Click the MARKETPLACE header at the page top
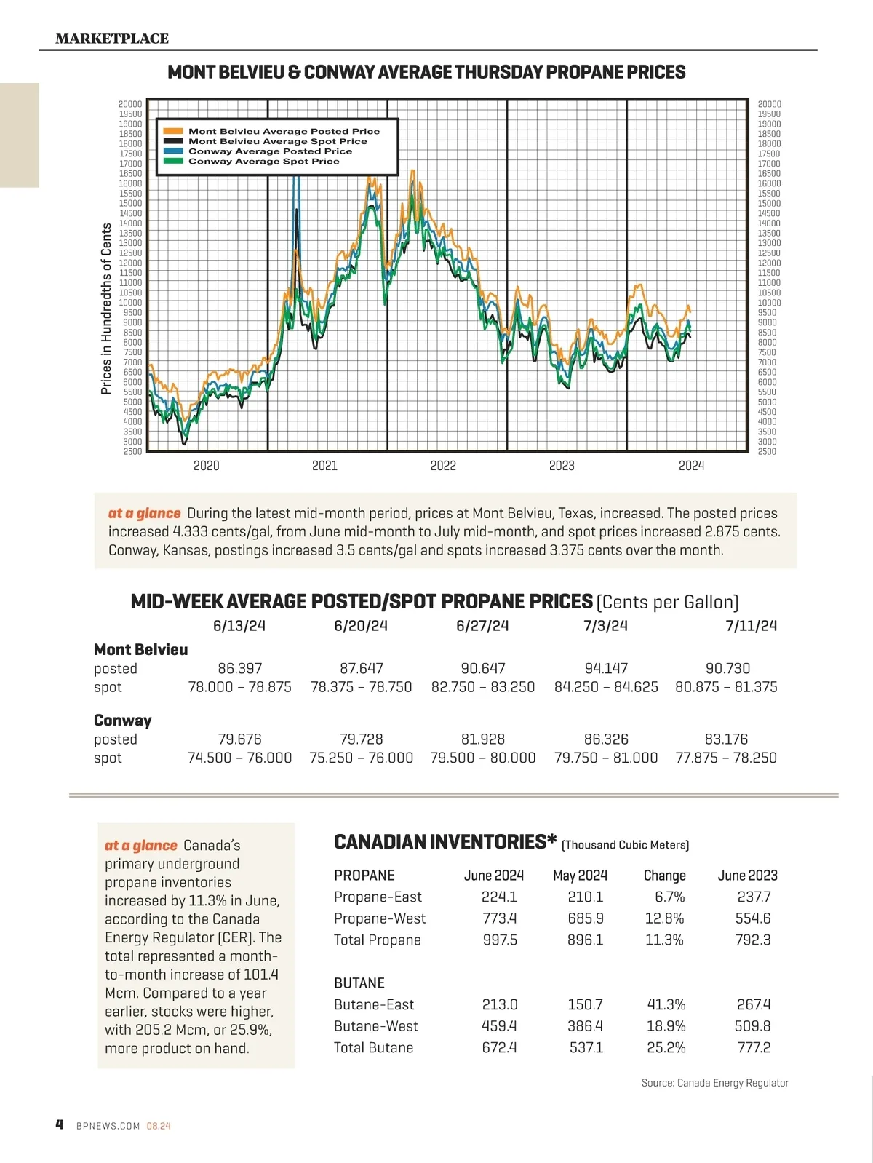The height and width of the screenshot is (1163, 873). tap(112, 39)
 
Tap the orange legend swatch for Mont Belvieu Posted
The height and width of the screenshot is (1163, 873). tap(173, 132)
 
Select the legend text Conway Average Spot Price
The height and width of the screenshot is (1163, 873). tap(263, 162)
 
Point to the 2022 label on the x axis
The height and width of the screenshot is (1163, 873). tap(443, 466)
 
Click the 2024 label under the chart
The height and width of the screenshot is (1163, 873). tap(691, 466)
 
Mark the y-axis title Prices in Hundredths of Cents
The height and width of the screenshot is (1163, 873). tap(106, 309)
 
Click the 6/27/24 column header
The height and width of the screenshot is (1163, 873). tap(482, 626)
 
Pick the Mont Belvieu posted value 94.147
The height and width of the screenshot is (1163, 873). tap(606, 668)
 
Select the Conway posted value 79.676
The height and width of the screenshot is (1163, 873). tap(239, 739)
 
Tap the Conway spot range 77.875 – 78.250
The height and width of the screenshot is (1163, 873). tap(726, 758)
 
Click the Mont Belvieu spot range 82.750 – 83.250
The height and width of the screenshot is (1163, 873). tap(483, 687)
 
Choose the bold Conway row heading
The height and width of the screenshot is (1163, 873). tap(123, 721)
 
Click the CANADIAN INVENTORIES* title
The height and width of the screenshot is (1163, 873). tap(440, 842)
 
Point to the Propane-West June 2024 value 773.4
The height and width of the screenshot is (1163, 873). tap(499, 918)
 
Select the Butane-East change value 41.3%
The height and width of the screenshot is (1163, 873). tap(666, 1004)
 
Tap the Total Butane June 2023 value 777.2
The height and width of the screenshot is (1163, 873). tap(753, 1047)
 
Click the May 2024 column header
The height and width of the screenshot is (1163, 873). tap(580, 876)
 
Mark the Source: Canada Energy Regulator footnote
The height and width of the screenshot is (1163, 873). tap(714, 1083)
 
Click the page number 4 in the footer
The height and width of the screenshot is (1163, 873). tap(60, 1124)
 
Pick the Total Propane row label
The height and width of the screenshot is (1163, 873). tap(378, 940)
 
